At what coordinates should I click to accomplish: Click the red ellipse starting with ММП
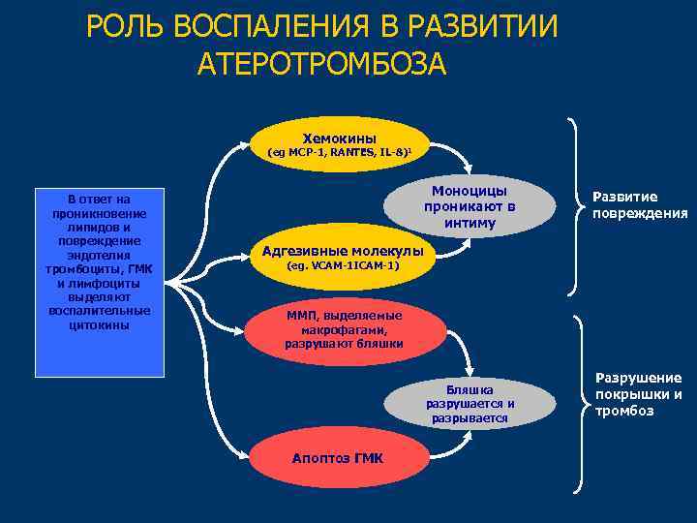(344, 330)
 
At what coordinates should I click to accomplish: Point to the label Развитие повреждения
(639, 205)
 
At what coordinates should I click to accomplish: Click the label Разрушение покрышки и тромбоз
(638, 394)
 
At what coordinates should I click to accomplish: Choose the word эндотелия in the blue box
(100, 254)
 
